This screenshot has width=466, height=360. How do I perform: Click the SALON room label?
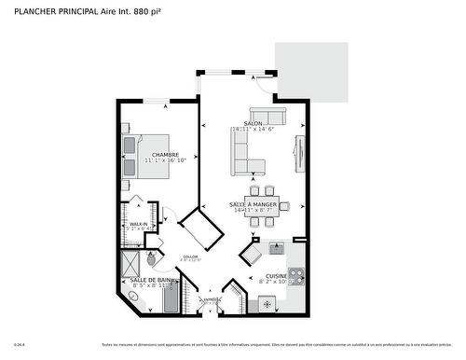coord(252,123)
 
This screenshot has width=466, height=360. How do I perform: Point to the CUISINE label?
coord(276,276)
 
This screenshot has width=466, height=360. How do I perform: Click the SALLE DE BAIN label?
coord(151,280)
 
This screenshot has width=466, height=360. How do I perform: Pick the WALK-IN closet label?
coord(139,224)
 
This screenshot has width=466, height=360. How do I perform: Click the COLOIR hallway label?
coord(190,256)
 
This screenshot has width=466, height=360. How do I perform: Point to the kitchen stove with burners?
coord(296,276)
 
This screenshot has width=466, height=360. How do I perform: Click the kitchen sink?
coord(277,248)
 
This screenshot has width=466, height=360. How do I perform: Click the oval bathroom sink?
coord(133,297)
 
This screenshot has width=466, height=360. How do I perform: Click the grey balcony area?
coord(313,70)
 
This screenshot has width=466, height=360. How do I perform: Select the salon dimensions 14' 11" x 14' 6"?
coord(252,130)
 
